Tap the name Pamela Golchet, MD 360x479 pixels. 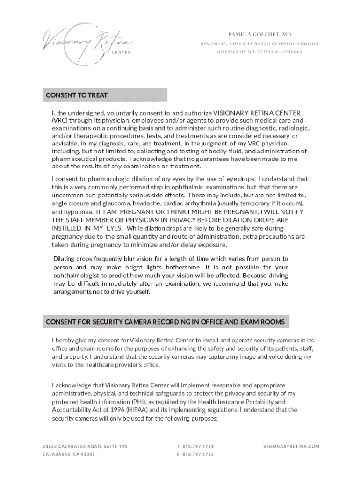(x=259, y=35)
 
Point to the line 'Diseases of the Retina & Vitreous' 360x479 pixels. (x=259, y=51)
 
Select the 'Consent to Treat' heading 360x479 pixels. (x=77, y=95)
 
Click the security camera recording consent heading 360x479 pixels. (x=165, y=322)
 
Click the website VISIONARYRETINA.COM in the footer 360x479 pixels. (x=291, y=446)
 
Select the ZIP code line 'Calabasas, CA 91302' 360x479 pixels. (x=69, y=454)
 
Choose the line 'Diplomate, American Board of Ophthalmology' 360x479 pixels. (x=259, y=44)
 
